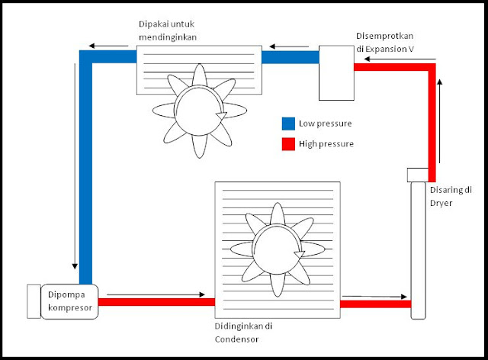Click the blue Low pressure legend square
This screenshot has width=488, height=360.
click(288, 124)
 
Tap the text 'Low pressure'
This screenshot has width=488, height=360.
click(326, 124)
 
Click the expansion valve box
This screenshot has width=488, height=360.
click(336, 72)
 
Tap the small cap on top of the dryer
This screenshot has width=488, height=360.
click(419, 175)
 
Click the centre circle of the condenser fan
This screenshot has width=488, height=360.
click(277, 248)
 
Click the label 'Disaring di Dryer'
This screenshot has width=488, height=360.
click(454, 196)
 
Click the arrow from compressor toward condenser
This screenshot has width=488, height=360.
click(156, 294)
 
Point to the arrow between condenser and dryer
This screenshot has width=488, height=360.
click(373, 296)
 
